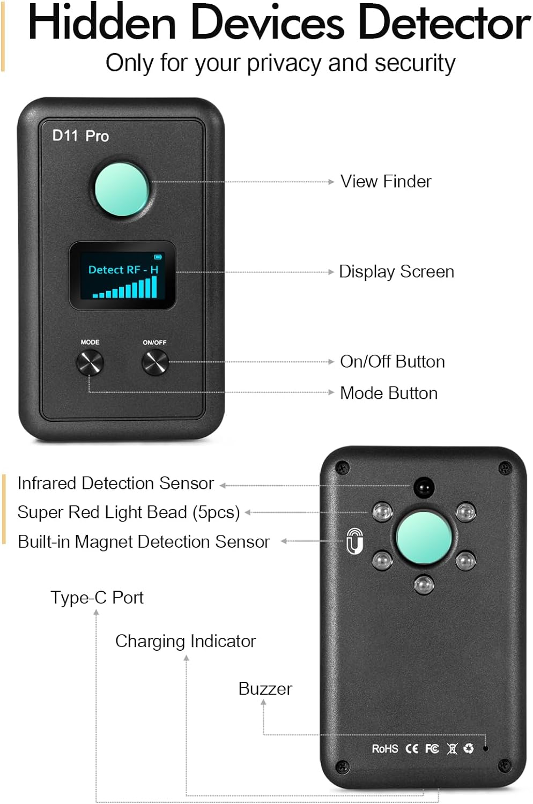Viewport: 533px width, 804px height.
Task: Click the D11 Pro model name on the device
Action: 80,136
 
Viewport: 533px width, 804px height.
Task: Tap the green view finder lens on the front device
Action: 122,189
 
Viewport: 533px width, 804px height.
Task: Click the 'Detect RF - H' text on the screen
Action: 123,270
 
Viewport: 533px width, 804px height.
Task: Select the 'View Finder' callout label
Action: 386,182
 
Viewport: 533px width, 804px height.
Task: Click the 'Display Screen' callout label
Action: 396,272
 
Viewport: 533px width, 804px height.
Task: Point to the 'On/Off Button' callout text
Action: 392,362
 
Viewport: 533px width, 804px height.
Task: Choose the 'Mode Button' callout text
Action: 389,393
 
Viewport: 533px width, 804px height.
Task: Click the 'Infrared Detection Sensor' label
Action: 115,483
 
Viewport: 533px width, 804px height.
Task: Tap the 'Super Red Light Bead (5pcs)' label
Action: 128,512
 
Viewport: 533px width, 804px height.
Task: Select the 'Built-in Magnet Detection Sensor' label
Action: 144,542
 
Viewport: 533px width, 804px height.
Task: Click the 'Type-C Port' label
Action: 97,598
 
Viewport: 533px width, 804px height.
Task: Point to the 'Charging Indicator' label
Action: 186,641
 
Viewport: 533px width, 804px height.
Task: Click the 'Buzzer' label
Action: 265,689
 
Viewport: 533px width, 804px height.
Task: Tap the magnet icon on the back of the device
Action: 354,541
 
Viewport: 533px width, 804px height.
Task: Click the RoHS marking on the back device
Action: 385,749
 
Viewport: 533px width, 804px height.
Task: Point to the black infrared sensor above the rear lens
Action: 424,487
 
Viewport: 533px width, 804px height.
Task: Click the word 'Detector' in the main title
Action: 444,23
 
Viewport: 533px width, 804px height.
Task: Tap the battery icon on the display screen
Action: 158,257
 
